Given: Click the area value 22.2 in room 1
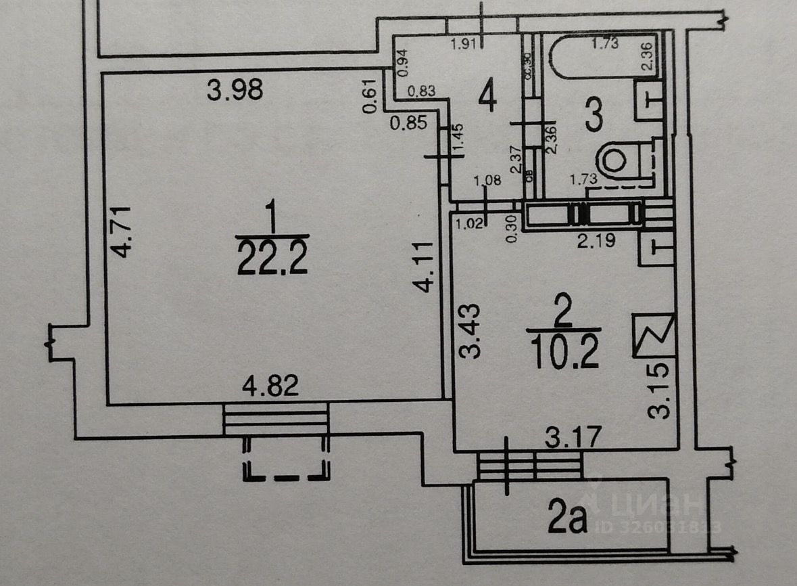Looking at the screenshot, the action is (272, 258).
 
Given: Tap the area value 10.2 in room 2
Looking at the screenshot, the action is (565, 352).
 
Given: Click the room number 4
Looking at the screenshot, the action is (487, 96).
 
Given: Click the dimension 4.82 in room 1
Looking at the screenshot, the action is (270, 386).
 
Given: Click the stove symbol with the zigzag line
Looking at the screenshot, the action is (654, 335).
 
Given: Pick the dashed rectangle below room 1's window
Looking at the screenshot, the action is (287, 458).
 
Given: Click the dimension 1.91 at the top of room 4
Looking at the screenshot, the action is (466, 45).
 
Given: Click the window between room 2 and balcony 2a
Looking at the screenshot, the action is (530, 465).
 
